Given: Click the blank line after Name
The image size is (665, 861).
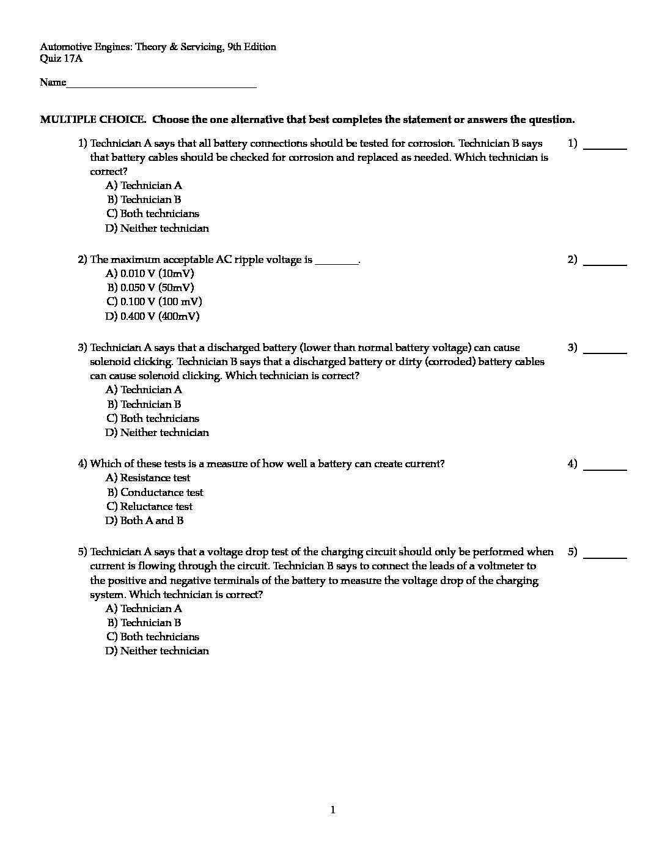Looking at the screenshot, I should click(x=161, y=84).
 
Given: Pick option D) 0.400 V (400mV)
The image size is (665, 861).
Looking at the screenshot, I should click(x=152, y=316).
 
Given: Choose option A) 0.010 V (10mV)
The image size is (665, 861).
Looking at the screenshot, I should click(x=150, y=273).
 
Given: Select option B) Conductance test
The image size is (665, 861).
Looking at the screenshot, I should click(x=155, y=492).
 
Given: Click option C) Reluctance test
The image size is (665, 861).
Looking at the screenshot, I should click(x=149, y=506).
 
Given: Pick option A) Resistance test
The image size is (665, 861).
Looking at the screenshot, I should click(x=148, y=478).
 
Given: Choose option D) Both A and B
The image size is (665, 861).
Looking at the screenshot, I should click(x=144, y=520).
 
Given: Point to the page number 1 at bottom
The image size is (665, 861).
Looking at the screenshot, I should click(x=332, y=810).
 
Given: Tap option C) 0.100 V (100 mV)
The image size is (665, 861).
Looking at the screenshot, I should click(x=154, y=301).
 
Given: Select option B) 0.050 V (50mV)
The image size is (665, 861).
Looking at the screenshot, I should click(x=151, y=287).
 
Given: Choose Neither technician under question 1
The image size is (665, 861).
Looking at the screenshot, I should click(x=157, y=228).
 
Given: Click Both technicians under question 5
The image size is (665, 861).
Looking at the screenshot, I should click(x=153, y=637).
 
